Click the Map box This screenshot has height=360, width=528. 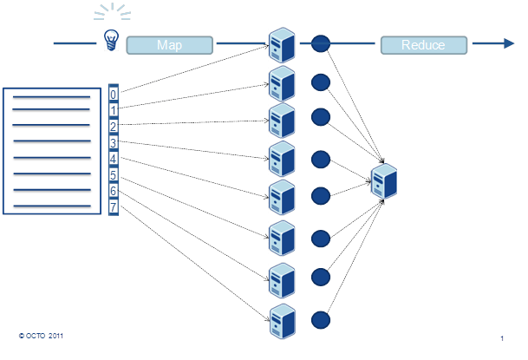pyautogui.click(x=170, y=45)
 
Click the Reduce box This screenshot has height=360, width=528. pyautogui.click(x=423, y=45)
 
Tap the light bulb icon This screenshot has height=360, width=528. pyautogui.click(x=110, y=39)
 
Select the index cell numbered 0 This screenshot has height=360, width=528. pyautogui.click(x=114, y=94)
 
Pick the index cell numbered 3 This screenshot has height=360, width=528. pyautogui.click(x=114, y=142)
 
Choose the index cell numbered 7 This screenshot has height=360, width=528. pyautogui.click(x=114, y=207)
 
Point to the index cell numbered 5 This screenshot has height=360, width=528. pyautogui.click(x=114, y=175)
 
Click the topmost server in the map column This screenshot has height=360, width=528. pyautogui.click(x=281, y=43)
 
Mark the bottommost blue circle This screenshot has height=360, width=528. pyautogui.click(x=321, y=319)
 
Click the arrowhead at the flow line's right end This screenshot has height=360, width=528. pyautogui.click(x=505, y=43)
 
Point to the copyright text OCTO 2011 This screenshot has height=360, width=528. pyautogui.click(x=39, y=334)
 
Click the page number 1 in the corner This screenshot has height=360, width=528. pyautogui.click(x=503, y=337)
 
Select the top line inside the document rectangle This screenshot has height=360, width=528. pyautogui.click(x=51, y=97)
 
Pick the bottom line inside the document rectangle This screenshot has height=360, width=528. pyautogui.click(x=51, y=205)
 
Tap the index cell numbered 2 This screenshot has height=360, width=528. pyautogui.click(x=114, y=127)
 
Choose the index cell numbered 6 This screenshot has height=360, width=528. pyautogui.click(x=114, y=191)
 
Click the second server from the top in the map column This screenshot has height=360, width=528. pyautogui.click(x=281, y=83)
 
